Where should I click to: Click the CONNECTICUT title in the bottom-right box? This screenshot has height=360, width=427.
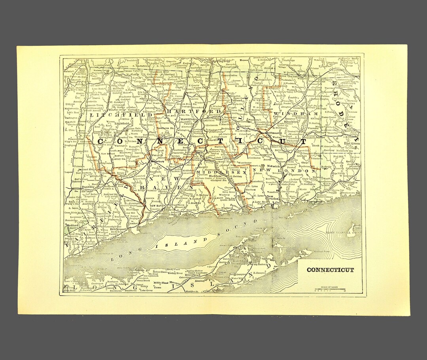click(330, 270)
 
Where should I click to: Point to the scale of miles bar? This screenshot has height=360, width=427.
click(331, 290)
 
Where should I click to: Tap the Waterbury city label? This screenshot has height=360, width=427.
click(155, 161)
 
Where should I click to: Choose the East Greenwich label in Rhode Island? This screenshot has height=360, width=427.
click(351, 143)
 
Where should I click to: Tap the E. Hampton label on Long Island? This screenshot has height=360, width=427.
click(264, 273)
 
